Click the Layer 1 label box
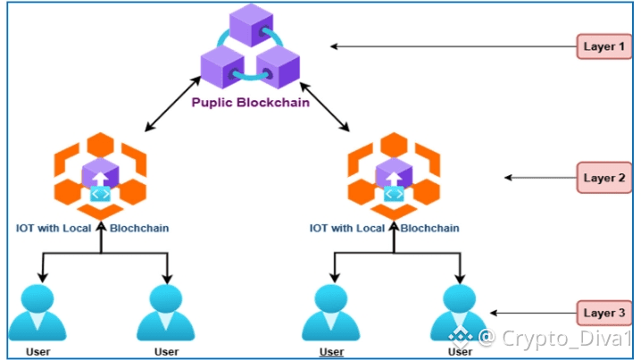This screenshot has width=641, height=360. [x=604, y=46]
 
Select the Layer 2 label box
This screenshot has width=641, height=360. [x=604, y=178]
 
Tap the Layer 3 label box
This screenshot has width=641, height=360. [x=604, y=313]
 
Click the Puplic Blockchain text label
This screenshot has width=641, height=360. [x=251, y=102]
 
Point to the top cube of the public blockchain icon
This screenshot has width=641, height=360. [x=251, y=24]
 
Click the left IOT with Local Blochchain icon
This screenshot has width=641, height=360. [x=100, y=176]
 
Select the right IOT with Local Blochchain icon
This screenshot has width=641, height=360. [x=394, y=176]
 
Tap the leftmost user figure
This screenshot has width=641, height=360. [x=37, y=313]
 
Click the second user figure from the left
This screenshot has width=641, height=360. [x=166, y=313]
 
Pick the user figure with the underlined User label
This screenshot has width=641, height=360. [x=331, y=313]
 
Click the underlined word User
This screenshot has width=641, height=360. [x=331, y=352]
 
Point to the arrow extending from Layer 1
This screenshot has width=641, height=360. [x=454, y=46]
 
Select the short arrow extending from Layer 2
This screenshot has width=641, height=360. [x=540, y=178]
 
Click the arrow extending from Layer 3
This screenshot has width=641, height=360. [x=533, y=313]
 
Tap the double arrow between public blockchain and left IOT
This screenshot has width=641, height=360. [x=173, y=104]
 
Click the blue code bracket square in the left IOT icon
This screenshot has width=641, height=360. [x=100, y=194]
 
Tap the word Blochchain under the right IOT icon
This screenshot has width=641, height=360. [x=429, y=229]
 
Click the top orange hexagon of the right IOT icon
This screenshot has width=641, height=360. [x=394, y=145]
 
